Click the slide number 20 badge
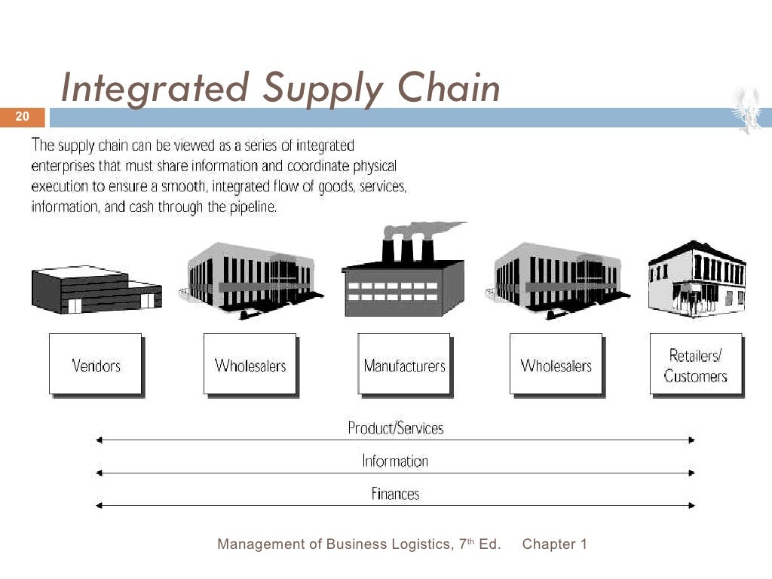coord(22,117)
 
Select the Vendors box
coord(96,365)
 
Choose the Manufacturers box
coord(404,365)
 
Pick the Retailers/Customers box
coord(696,365)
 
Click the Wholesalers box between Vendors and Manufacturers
coord(250,365)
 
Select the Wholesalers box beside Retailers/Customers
coord(556,365)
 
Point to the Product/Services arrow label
coord(395,428)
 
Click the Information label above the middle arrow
coord(395,461)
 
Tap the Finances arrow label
coord(395,494)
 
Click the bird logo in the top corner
coord(751,110)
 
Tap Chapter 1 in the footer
coord(554,544)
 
